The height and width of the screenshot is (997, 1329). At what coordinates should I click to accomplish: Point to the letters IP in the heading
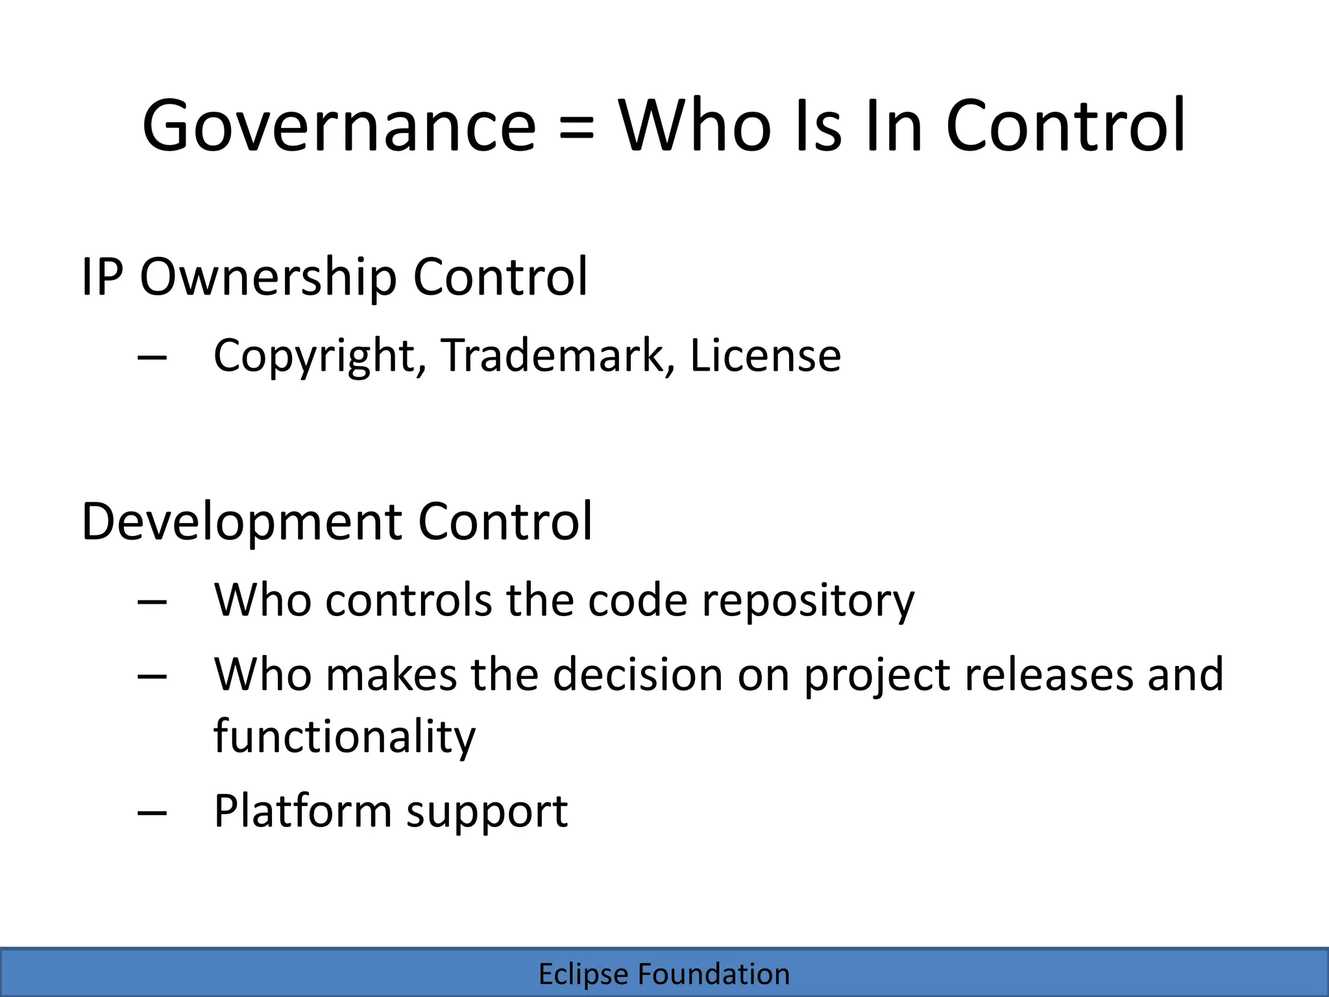(102, 277)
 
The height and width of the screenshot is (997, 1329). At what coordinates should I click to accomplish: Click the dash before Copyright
(152, 358)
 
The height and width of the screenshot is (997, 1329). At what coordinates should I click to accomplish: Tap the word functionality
(345, 737)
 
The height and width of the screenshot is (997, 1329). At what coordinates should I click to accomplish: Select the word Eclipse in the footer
(583, 974)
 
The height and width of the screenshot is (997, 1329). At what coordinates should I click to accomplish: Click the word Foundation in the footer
(714, 974)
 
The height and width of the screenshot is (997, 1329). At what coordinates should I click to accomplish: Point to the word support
(487, 812)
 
